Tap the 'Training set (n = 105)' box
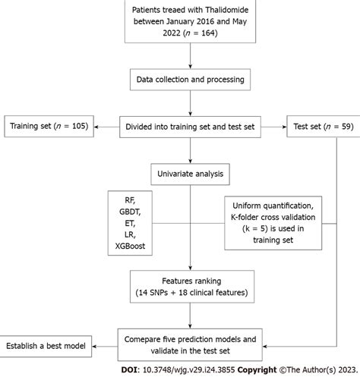click(x=47, y=124)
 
